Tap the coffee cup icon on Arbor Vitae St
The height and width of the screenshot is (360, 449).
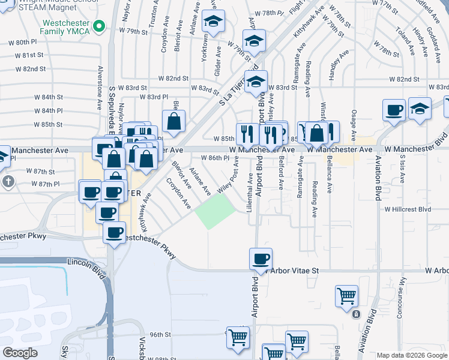click(x=261, y=259)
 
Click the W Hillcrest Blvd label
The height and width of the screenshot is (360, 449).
click(x=408, y=209)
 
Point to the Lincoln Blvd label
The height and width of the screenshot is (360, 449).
click(x=87, y=263)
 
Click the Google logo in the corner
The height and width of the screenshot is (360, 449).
click(x=20, y=353)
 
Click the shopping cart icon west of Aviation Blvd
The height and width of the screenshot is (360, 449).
click(x=347, y=295)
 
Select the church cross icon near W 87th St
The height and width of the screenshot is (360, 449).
click(x=8, y=181)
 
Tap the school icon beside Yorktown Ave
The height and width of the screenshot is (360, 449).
click(x=213, y=22)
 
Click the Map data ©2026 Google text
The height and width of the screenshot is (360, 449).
click(x=412, y=355)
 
